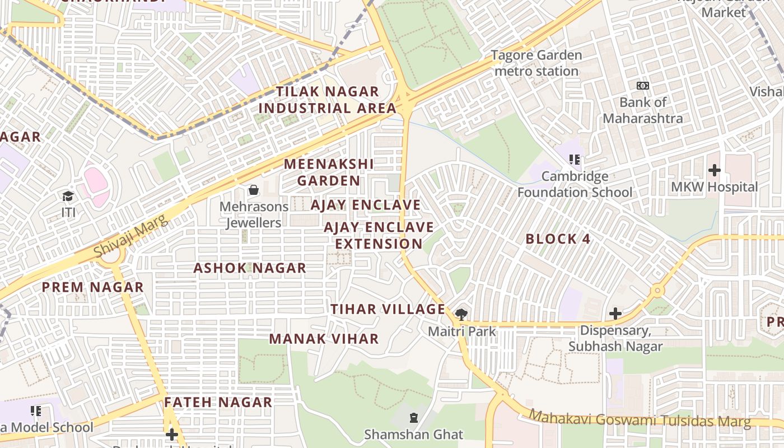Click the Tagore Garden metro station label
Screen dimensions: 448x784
click(536, 63)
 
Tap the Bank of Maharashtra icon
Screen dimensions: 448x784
click(643, 86)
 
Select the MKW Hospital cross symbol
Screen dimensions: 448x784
click(715, 170)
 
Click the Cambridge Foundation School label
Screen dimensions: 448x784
click(575, 184)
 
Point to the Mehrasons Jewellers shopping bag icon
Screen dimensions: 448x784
click(254, 190)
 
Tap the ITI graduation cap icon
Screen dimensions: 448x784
click(68, 196)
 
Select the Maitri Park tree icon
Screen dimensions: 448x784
click(461, 314)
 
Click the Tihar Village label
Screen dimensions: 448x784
click(388, 309)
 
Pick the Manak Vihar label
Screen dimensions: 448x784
click(324, 339)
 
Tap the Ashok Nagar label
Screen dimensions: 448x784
click(250, 268)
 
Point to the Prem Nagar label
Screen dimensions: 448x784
click(93, 288)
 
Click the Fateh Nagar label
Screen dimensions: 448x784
click(218, 402)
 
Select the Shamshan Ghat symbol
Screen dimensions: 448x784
click(414, 418)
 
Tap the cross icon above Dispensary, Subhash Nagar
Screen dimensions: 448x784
click(615, 314)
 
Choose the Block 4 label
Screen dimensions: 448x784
click(558, 239)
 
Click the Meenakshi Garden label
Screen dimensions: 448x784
click(329, 172)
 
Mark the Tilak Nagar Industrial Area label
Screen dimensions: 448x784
click(327, 100)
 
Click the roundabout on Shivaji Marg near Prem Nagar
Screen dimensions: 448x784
click(111, 255)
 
